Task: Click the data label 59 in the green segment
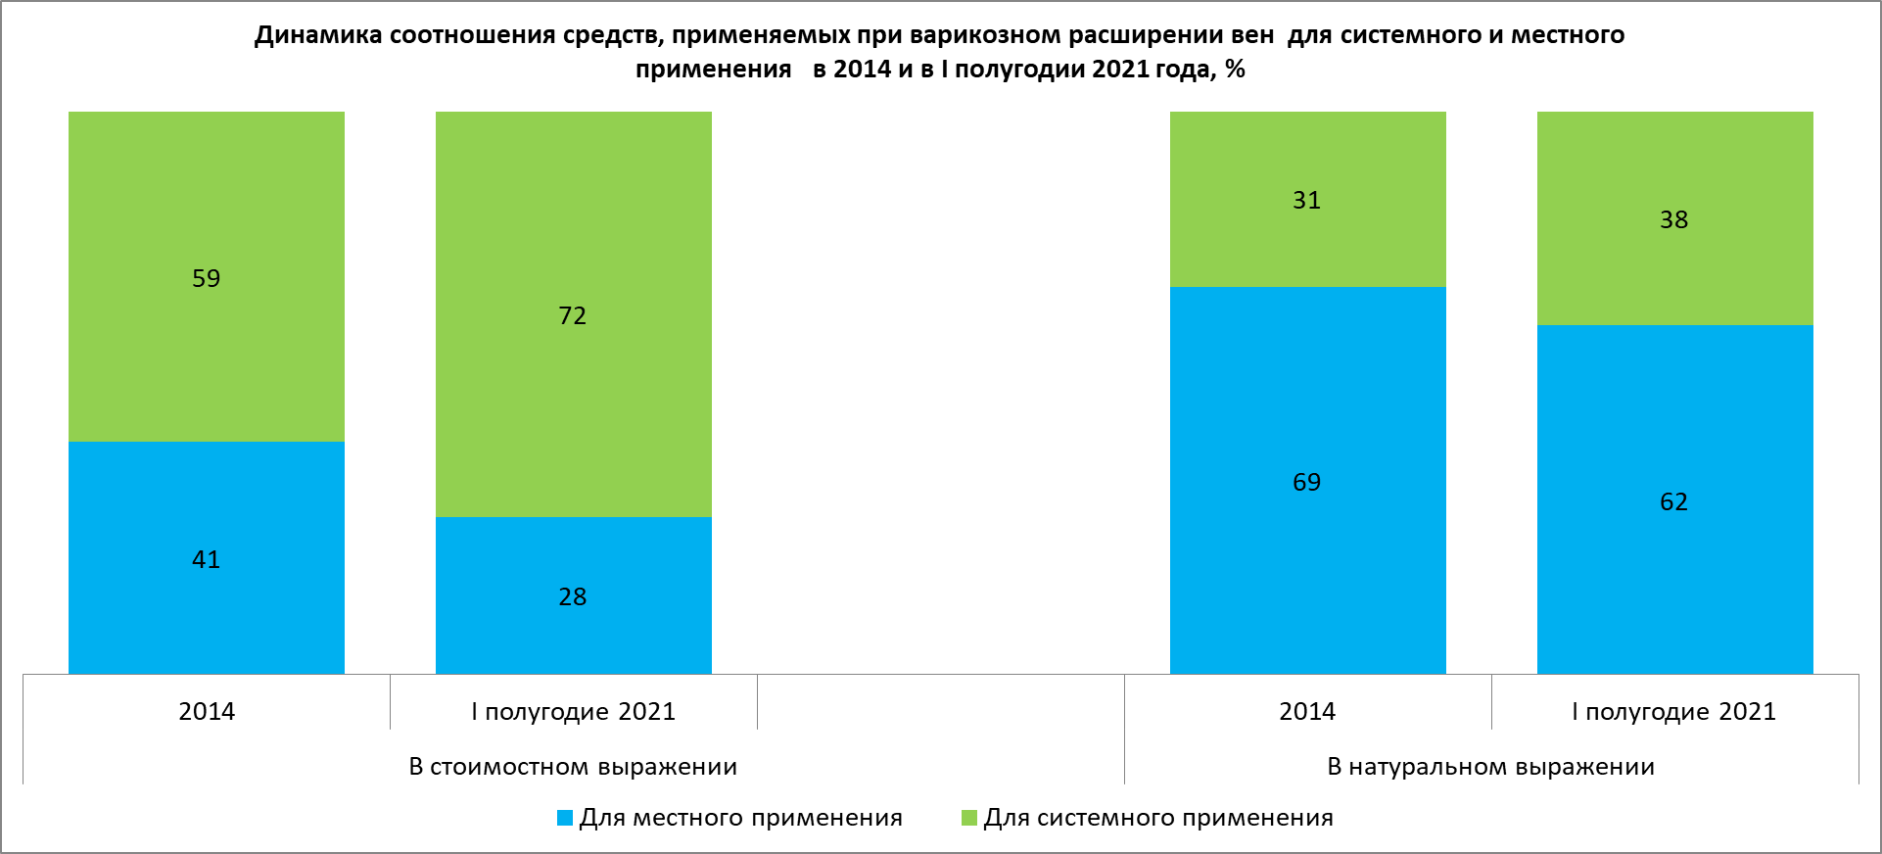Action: (206, 279)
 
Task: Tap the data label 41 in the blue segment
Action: (206, 560)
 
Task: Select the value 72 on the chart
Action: (573, 316)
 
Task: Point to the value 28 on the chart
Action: (573, 597)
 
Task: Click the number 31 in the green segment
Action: (1307, 201)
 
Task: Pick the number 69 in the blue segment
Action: (1307, 483)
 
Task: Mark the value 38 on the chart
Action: (1674, 220)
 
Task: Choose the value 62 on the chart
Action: (1674, 502)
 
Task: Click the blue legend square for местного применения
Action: (565, 818)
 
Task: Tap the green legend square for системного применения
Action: (969, 818)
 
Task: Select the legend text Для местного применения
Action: (740, 818)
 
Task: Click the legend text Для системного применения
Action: (1158, 818)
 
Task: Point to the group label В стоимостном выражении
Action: (573, 767)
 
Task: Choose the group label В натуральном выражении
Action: (1490, 767)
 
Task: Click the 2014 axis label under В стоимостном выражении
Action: (207, 712)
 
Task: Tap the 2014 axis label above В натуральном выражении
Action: (1307, 712)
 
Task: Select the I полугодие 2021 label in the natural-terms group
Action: (1673, 712)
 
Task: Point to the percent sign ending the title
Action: (1235, 70)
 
